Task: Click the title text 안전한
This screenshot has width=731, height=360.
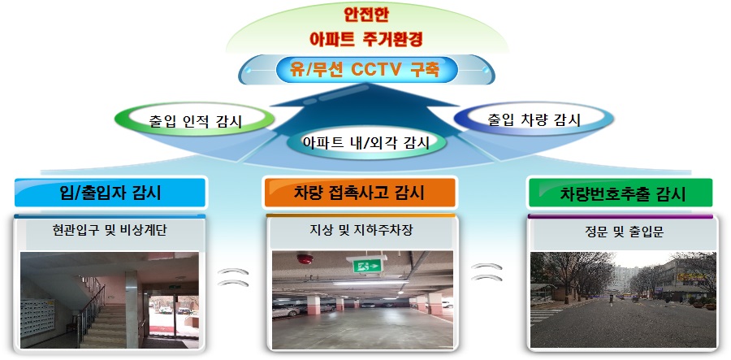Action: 366,15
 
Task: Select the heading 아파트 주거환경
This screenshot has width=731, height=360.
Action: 366,39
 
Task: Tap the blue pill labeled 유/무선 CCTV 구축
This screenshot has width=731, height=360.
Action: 366,71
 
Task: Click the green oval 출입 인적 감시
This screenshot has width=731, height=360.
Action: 195,119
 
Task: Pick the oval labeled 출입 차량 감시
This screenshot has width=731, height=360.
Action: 534,119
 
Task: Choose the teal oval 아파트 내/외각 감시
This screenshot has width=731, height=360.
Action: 366,141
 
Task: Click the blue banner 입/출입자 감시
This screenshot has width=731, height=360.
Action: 110,192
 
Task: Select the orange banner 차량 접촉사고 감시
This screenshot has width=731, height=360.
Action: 360,192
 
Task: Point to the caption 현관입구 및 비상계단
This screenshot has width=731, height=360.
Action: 110,230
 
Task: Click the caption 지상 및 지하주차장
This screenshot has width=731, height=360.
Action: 361,230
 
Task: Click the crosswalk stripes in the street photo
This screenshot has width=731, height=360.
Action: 546,314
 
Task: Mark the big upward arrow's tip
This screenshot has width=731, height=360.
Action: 365,84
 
